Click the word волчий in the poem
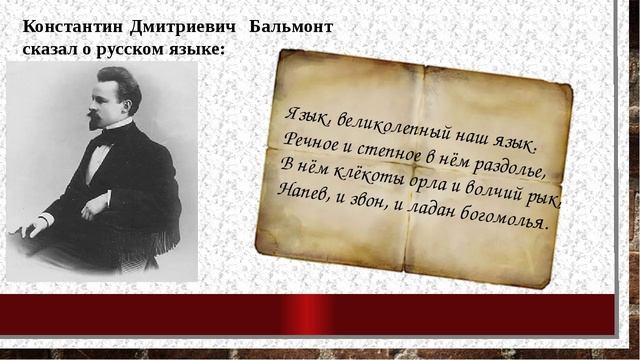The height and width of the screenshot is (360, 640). click(x=490, y=190)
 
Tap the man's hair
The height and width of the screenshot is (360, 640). click(x=117, y=82)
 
